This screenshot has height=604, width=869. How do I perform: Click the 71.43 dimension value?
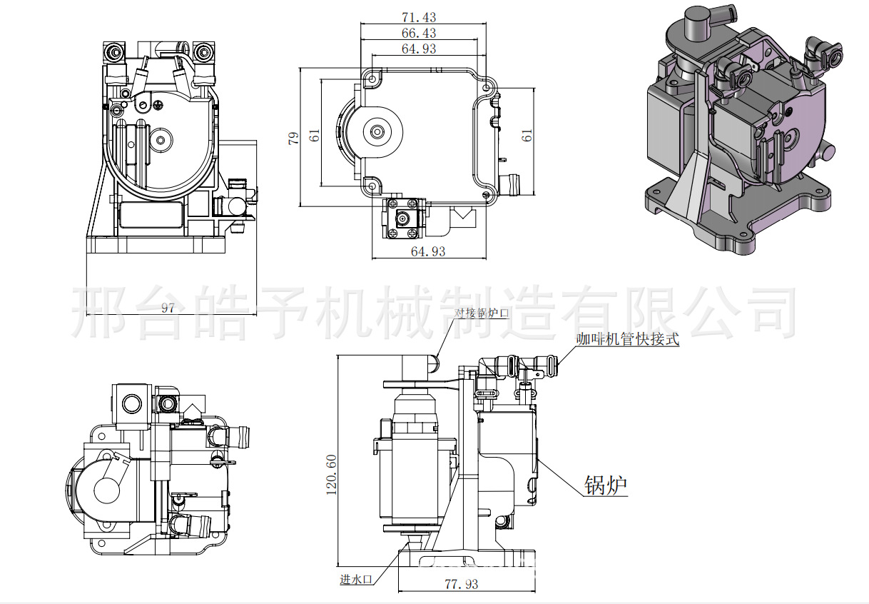[420, 17]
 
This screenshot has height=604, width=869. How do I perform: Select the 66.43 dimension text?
[420, 33]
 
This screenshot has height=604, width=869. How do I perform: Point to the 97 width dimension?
[168, 308]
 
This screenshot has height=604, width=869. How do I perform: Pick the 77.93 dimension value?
[462, 584]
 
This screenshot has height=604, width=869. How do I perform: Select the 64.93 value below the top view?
[428, 251]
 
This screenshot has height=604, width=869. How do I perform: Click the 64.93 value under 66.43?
[420, 49]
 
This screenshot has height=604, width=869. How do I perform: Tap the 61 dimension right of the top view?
[527, 135]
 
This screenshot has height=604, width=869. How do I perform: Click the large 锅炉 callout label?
[605, 485]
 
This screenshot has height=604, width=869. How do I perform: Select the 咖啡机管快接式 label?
[628, 340]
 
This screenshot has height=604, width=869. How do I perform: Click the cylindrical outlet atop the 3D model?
[696, 25]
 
